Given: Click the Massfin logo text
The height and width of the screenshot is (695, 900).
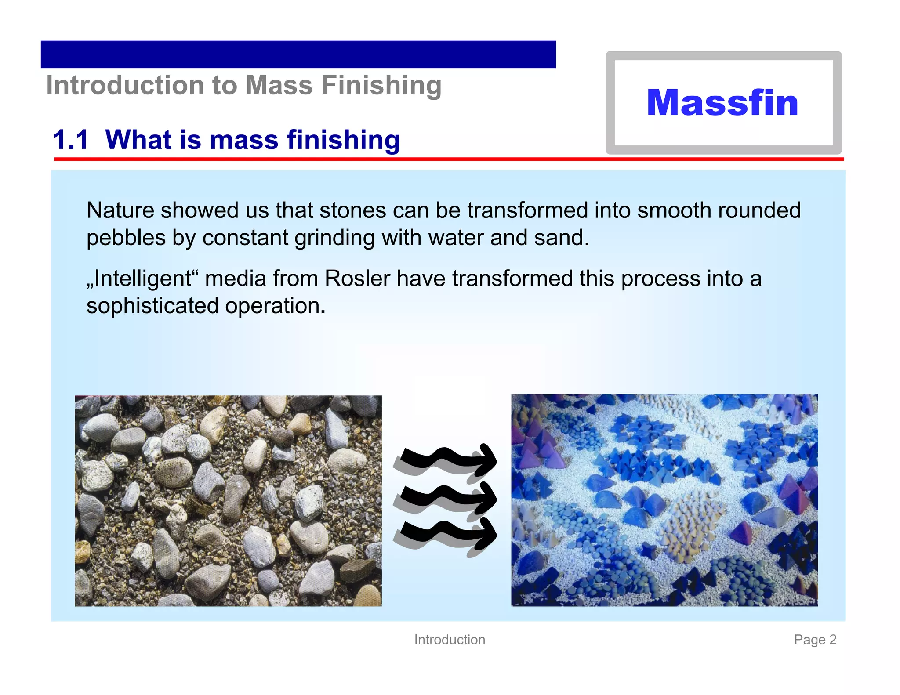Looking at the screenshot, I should pos(722,103).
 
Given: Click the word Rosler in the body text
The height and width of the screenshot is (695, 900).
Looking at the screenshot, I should pos(357,279).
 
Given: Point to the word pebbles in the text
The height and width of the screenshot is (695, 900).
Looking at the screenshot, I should pos(126,238).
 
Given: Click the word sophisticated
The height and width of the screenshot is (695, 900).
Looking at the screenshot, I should pos(152,306).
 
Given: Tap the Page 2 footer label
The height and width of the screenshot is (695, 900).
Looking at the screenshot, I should pos(815,640).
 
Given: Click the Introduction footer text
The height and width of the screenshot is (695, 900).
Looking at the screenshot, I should pos(450,640).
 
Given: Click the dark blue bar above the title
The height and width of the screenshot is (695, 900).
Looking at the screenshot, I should pos(298,54).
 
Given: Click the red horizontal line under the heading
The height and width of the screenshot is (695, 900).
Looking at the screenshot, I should pos(448,159).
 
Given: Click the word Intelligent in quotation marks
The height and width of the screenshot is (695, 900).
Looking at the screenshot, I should pos(143,279).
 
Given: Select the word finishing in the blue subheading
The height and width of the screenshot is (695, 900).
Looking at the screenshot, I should pos(343,140).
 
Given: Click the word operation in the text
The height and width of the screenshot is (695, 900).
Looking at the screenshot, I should pos(275,306).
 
